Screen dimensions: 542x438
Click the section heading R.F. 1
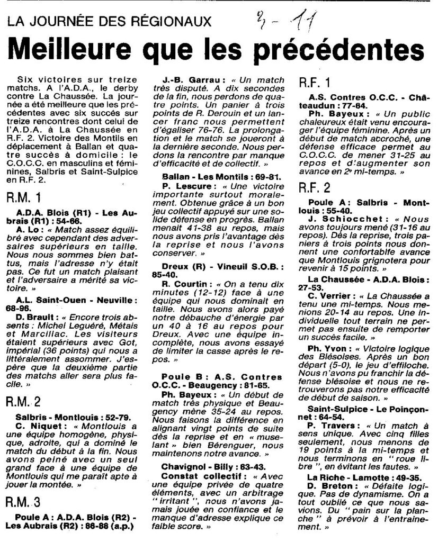click(316, 83)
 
